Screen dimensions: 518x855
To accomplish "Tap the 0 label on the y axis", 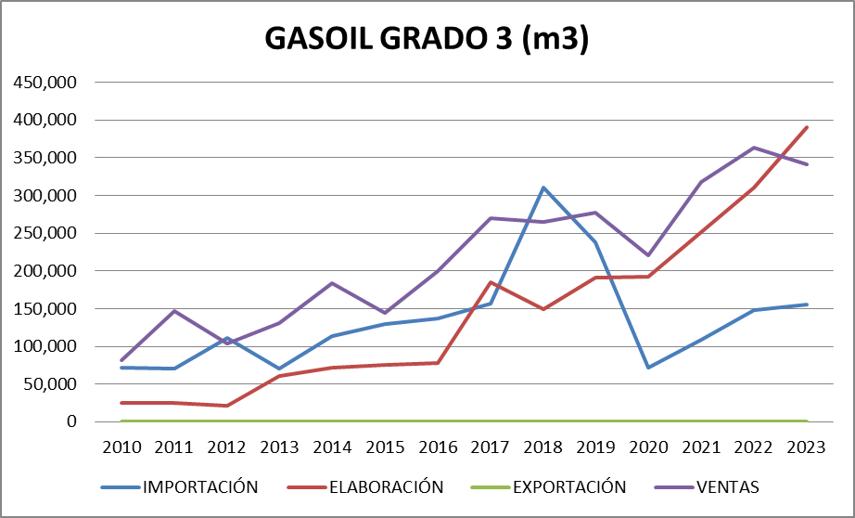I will pos(70,421).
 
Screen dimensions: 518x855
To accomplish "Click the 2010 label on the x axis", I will pos(121,447).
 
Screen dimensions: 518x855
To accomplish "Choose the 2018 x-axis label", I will pos(543,447).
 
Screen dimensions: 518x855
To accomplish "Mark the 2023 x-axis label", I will pos(807,447).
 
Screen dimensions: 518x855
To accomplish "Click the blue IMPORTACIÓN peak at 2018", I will pos(543,188).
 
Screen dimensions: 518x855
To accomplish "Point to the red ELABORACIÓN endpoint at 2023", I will pos(807,127).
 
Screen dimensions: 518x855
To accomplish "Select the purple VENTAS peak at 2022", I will pos(754,148).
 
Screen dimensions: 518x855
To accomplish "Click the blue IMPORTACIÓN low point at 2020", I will pos(649,368).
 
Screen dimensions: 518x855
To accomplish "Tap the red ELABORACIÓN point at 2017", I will pos(491,282).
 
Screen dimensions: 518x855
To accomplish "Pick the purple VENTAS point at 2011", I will pos(174,311).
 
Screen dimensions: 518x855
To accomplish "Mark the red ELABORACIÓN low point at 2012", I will pos(227,406).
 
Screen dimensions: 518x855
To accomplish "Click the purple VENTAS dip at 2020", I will pos(649,255).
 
